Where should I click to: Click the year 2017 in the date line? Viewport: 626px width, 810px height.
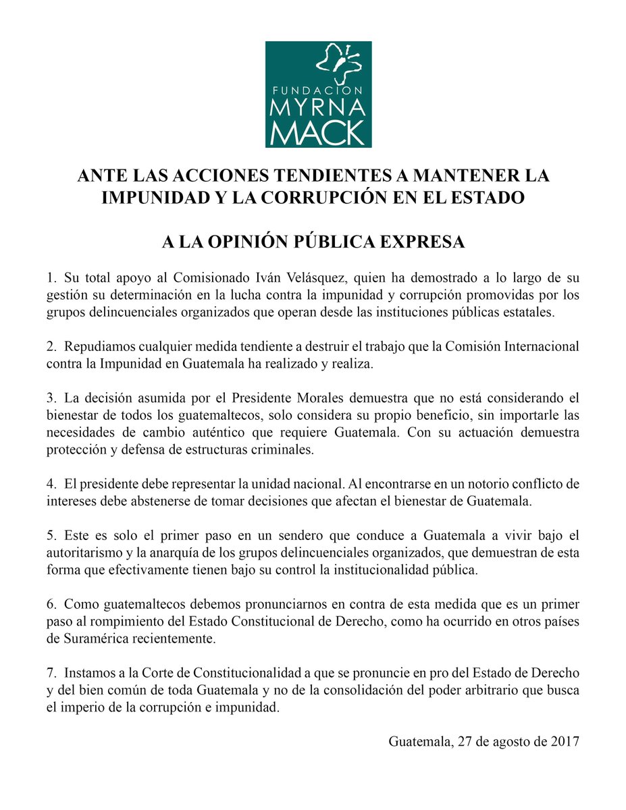(x=565, y=740)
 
